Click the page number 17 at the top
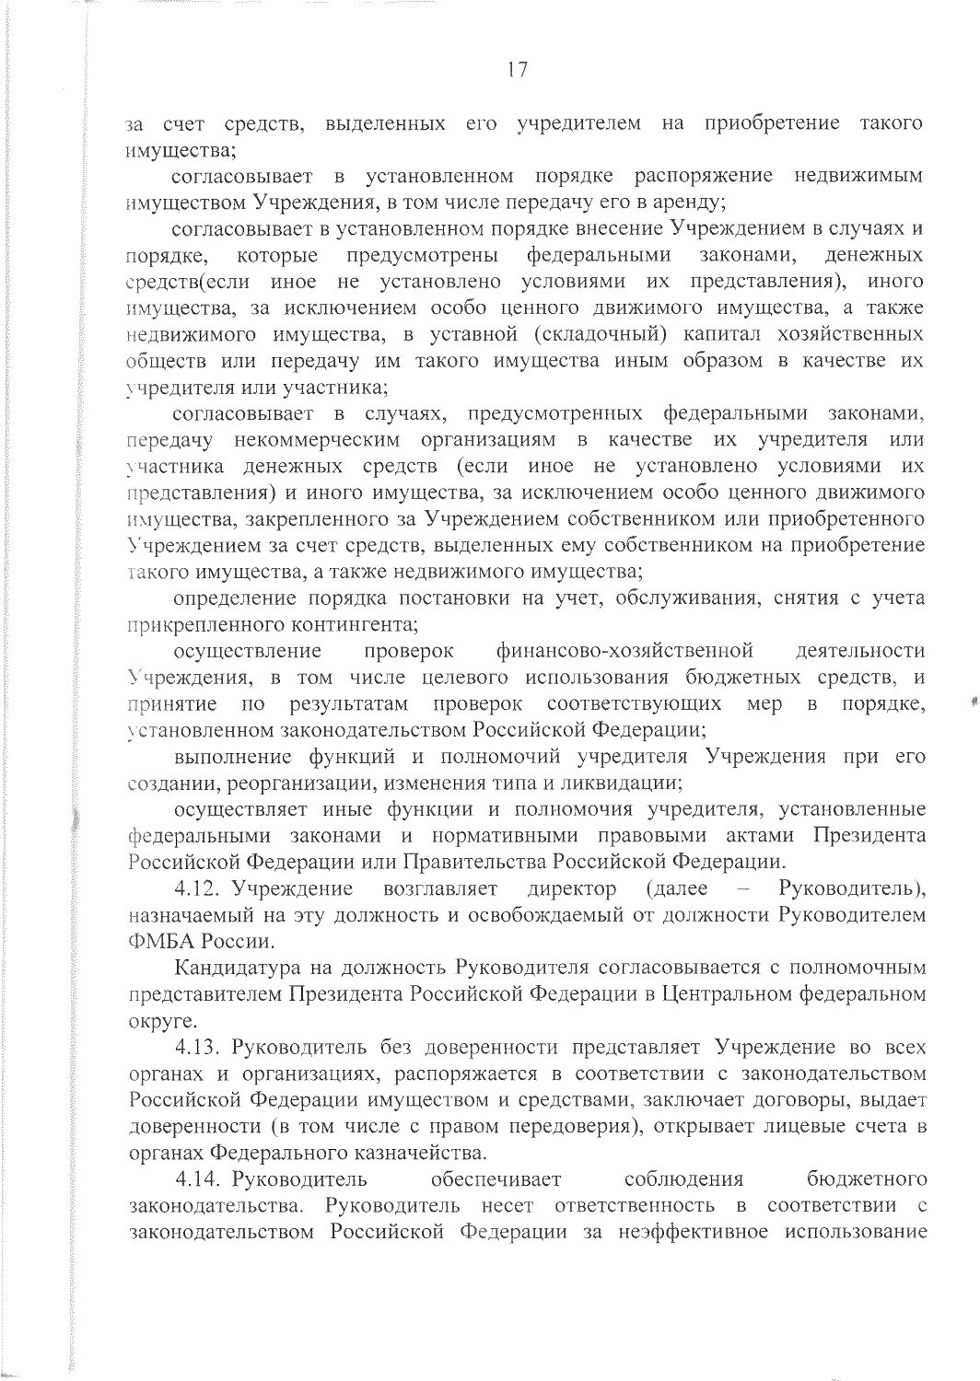(x=516, y=72)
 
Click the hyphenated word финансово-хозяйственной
(x=624, y=652)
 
